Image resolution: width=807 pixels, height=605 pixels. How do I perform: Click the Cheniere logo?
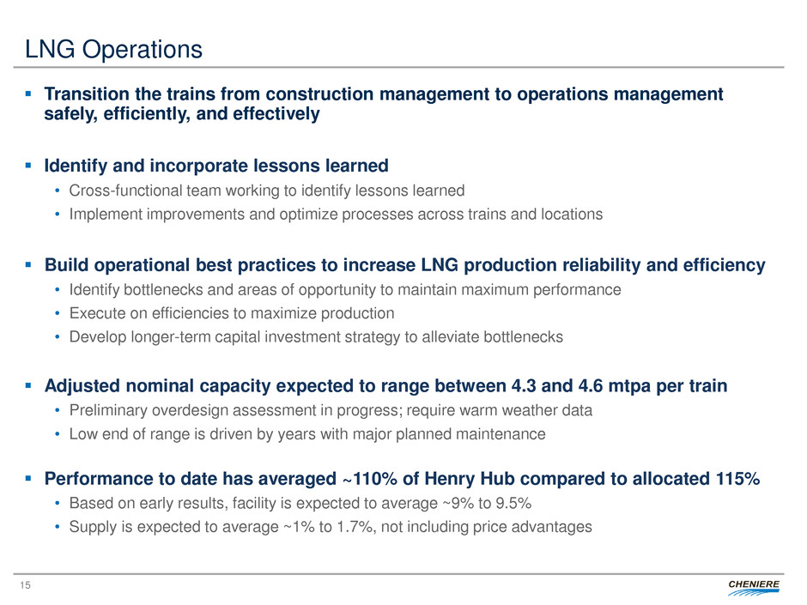point(753,586)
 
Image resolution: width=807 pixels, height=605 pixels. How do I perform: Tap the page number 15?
point(25,585)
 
